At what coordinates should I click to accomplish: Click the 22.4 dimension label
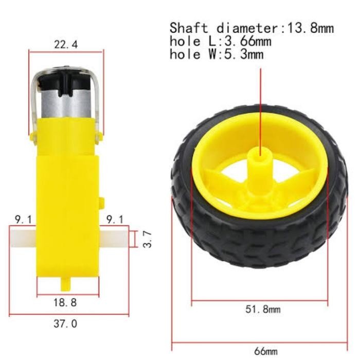(66, 45)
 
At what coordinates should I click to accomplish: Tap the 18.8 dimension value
(66, 303)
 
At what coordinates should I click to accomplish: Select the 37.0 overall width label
(66, 323)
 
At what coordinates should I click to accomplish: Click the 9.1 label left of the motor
(23, 220)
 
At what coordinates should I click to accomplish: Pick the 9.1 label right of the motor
(114, 220)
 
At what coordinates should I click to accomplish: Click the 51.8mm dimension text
(263, 309)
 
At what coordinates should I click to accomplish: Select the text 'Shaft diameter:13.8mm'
(251, 28)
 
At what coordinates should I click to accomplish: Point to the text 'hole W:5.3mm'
(217, 54)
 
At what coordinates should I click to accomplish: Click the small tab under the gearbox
(65, 282)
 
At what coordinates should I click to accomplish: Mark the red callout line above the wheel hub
(261, 103)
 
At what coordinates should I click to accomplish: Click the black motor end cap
(66, 82)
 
